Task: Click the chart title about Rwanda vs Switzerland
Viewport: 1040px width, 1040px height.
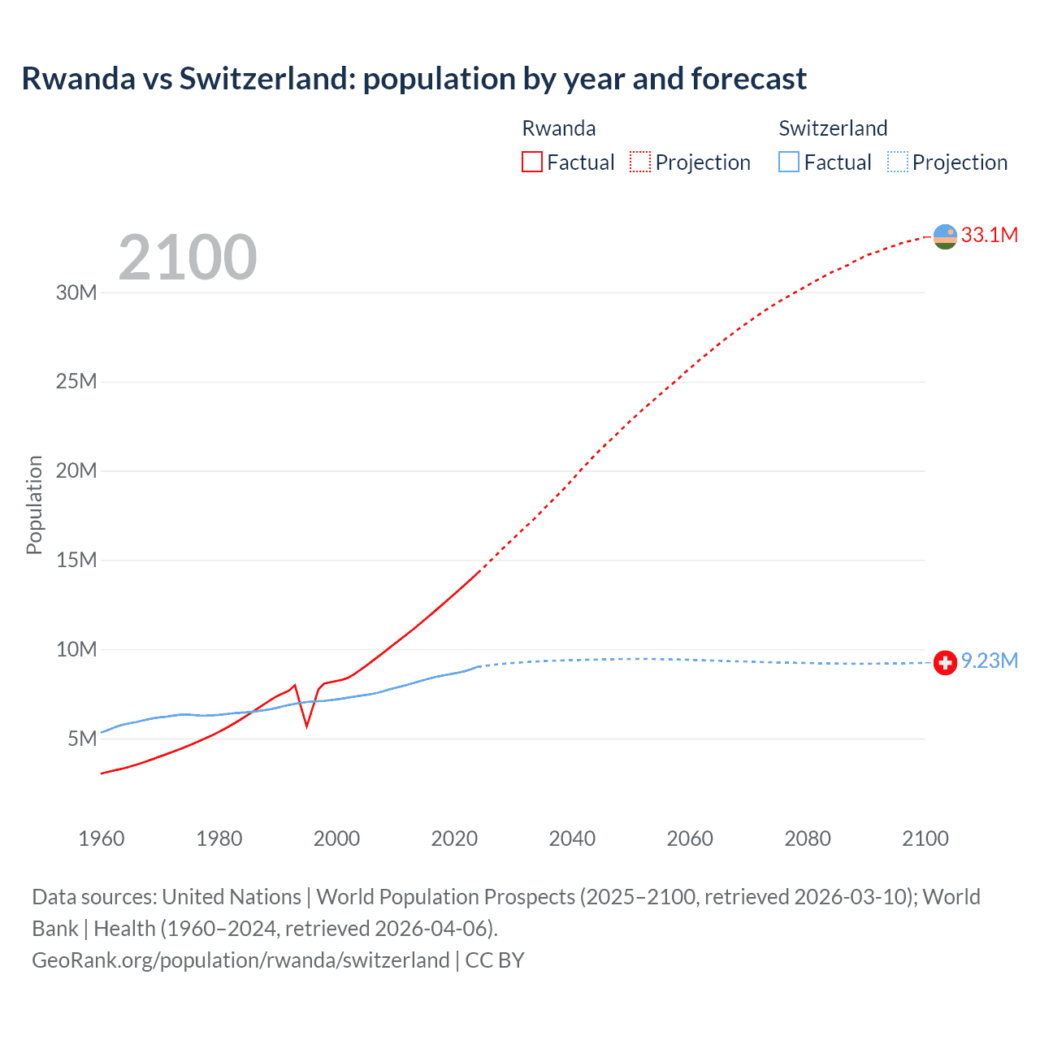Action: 414,79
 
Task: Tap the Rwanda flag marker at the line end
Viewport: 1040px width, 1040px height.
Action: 945,236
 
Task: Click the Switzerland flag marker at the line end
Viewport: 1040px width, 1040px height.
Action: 945,663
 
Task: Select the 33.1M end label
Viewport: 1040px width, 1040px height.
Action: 989,235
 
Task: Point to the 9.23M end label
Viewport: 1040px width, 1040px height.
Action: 989,661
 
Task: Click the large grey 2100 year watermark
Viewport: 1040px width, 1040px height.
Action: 188,258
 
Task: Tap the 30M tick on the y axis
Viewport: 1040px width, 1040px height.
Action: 76,292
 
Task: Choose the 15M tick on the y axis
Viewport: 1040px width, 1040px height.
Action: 76,560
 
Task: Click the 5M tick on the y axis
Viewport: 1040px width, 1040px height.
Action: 82,739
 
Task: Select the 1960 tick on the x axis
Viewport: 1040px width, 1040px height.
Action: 102,838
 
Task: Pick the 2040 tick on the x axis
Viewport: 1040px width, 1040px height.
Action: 572,838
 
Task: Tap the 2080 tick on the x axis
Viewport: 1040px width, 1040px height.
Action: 808,838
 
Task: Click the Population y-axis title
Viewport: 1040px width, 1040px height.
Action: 34,505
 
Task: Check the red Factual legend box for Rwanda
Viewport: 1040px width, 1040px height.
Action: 532,162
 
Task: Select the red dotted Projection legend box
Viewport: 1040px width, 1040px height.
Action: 640,162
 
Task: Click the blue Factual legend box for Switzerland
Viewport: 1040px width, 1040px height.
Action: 789,162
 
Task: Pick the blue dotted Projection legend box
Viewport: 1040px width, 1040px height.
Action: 897,162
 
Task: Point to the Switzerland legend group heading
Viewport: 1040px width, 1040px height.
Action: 833,128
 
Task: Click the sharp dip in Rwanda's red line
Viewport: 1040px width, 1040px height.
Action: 306,725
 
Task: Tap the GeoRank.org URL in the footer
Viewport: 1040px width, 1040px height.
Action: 240,960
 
